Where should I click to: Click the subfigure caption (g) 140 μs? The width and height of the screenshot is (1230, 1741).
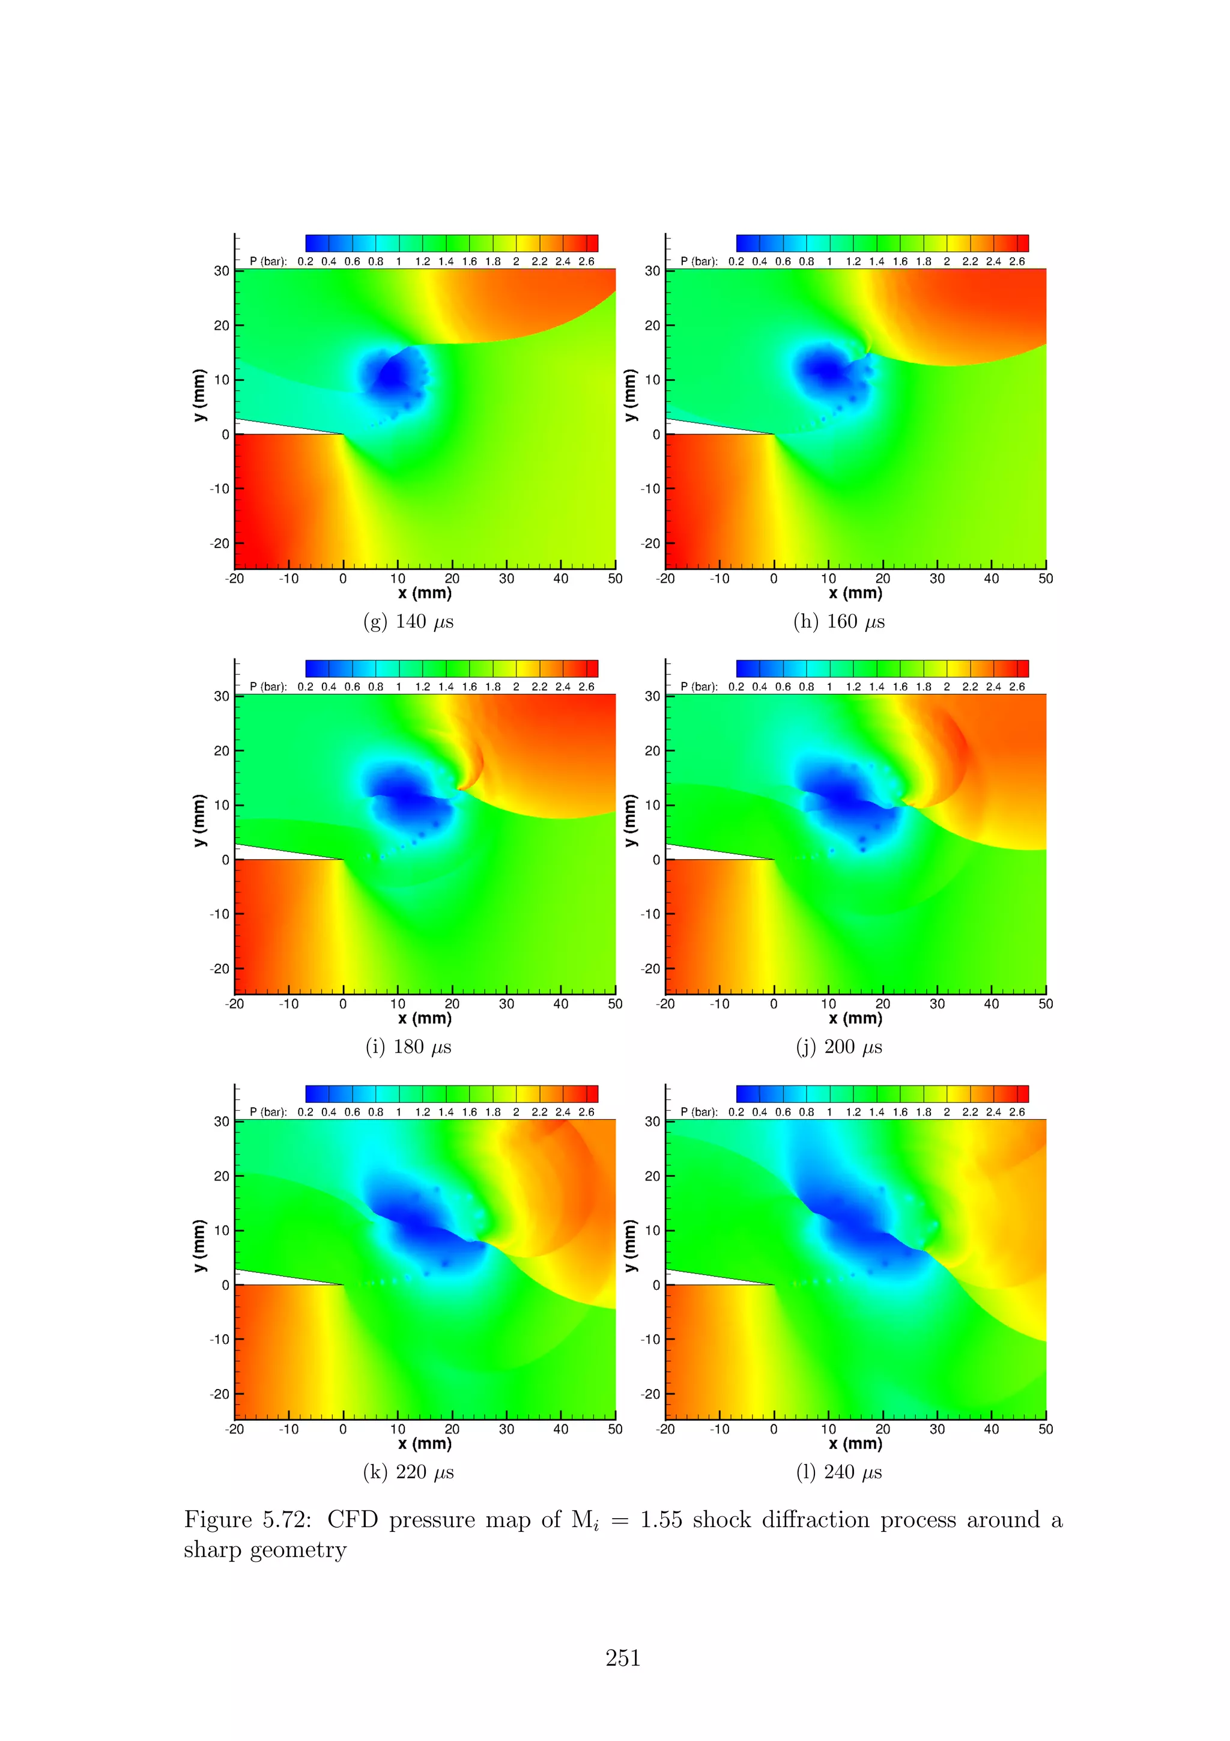(408, 622)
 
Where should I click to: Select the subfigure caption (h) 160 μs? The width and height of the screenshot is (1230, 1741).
(839, 622)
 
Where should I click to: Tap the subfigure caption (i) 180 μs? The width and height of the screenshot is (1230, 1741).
(408, 1047)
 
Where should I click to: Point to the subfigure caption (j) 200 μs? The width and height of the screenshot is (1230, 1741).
(839, 1047)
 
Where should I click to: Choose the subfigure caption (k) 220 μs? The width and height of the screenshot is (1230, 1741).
(408, 1472)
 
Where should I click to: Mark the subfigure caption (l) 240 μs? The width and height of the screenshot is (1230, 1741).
(839, 1472)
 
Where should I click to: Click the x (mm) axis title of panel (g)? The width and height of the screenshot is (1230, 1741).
(425, 593)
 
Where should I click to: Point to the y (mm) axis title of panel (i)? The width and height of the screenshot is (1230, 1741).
(199, 821)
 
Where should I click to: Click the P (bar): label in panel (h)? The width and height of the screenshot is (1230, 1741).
(698, 261)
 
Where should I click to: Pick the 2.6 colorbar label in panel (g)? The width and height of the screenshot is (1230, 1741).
(587, 261)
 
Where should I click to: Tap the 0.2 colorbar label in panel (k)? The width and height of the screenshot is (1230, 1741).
(306, 1113)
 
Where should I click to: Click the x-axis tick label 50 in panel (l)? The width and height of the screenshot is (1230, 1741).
(1046, 1429)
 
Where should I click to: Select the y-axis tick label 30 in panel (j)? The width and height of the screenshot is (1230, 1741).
(652, 696)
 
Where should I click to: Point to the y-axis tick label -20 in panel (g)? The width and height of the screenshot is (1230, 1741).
(220, 544)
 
